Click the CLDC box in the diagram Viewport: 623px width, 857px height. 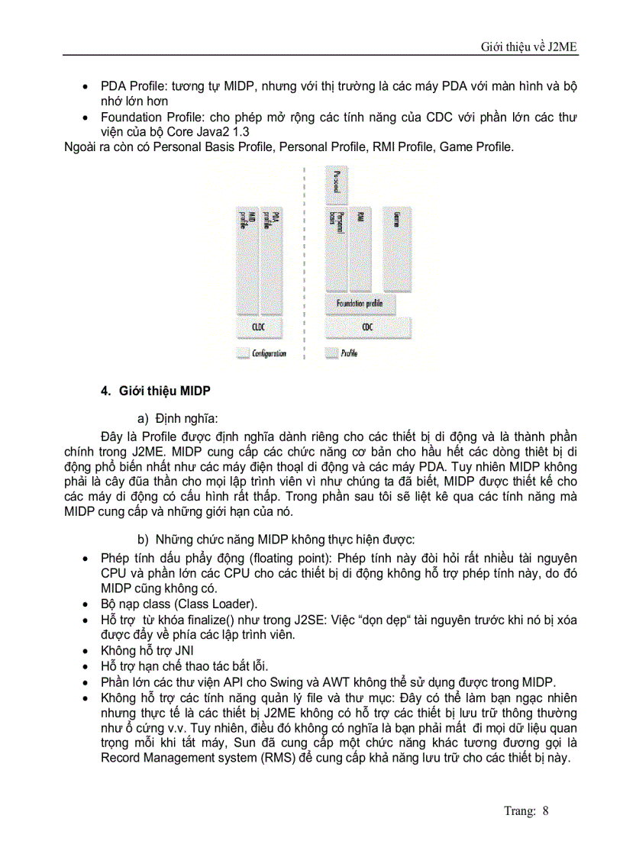pyautogui.click(x=257, y=327)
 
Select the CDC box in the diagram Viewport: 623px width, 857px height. pyautogui.click(x=367, y=327)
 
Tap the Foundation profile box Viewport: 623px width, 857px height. pyautogui.click(x=360, y=303)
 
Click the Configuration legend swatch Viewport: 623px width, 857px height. pyautogui.click(x=243, y=353)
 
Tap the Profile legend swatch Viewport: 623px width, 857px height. pyautogui.click(x=332, y=353)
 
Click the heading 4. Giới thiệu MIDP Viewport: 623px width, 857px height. pyautogui.click(x=156, y=391)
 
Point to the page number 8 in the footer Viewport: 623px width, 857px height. pyautogui.click(x=545, y=810)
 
